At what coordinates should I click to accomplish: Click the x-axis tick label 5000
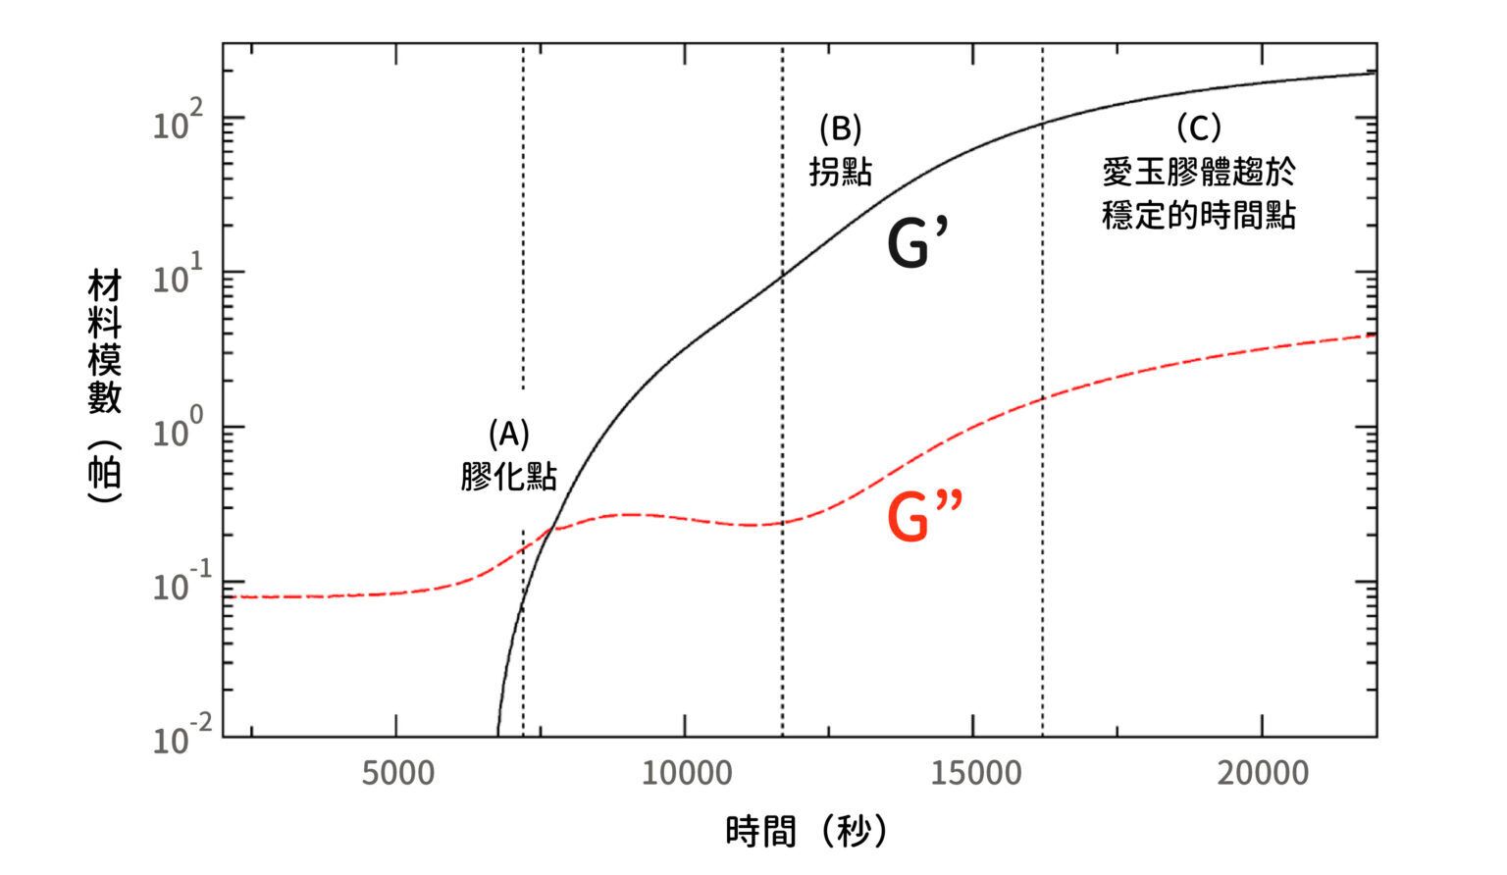click(397, 773)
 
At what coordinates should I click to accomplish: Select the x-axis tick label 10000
click(687, 773)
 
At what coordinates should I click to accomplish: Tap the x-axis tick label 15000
click(975, 773)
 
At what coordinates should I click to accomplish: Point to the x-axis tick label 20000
click(1264, 773)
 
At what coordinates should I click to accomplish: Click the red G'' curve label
click(923, 517)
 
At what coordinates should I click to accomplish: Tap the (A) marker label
click(509, 433)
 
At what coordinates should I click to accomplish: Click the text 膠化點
click(509, 476)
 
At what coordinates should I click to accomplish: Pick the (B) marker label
click(840, 128)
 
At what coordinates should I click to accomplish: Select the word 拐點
click(840, 172)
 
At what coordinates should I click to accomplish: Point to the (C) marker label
click(1198, 128)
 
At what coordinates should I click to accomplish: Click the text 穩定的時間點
click(1198, 215)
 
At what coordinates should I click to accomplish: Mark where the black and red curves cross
click(555, 528)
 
